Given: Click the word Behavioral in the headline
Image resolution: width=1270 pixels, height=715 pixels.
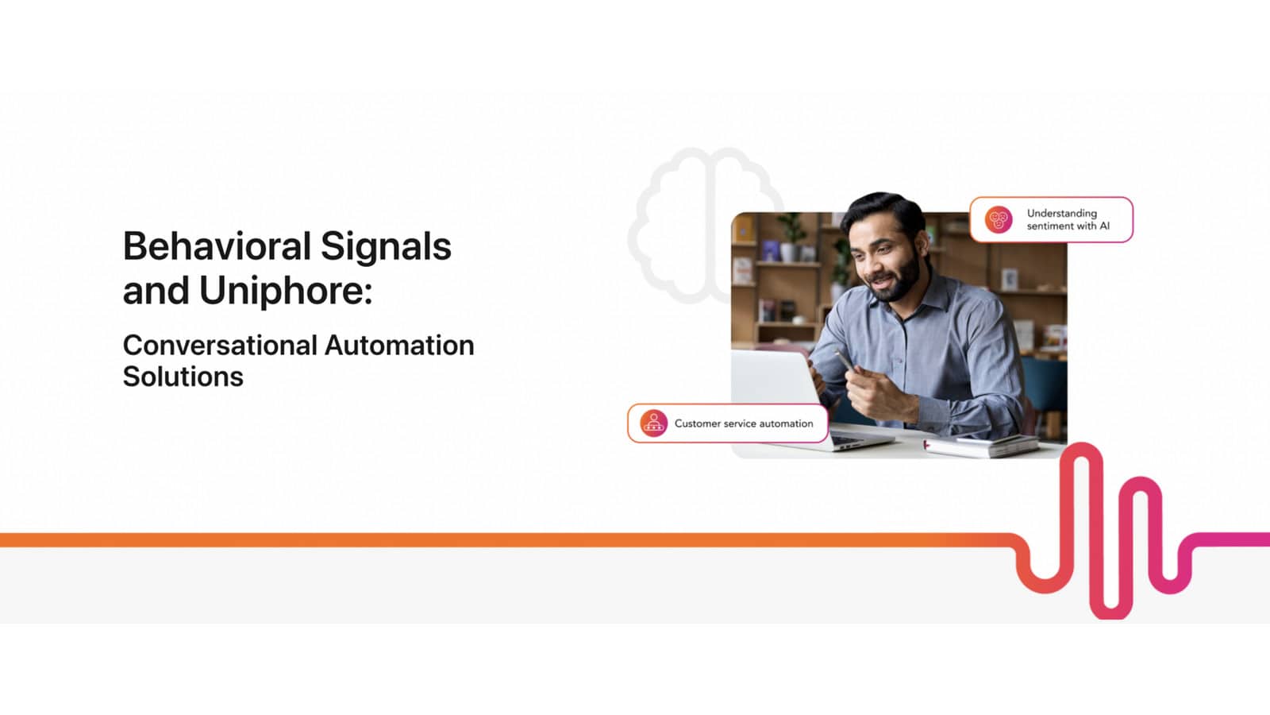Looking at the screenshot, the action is [x=217, y=246].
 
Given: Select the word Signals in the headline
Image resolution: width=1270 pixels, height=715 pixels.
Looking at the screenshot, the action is [x=386, y=247].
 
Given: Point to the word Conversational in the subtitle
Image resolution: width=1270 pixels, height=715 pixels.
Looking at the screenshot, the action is [x=220, y=345].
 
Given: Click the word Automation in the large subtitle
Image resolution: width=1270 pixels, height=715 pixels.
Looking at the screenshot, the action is [x=399, y=345].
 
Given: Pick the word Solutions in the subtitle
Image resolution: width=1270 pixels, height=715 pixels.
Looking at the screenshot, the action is [x=183, y=377].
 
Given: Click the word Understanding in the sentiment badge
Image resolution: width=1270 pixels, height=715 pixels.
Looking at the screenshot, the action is [x=1062, y=214].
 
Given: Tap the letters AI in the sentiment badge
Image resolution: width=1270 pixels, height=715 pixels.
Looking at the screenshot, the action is [x=1104, y=226].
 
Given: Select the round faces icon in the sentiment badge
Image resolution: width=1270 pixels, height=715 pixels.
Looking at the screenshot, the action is [x=999, y=219].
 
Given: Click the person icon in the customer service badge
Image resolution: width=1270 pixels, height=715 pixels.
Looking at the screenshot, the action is [x=654, y=423].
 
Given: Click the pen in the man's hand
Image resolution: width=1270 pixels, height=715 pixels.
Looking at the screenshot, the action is [x=845, y=359].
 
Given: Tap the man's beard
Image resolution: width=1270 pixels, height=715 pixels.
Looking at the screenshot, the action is [x=898, y=278].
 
